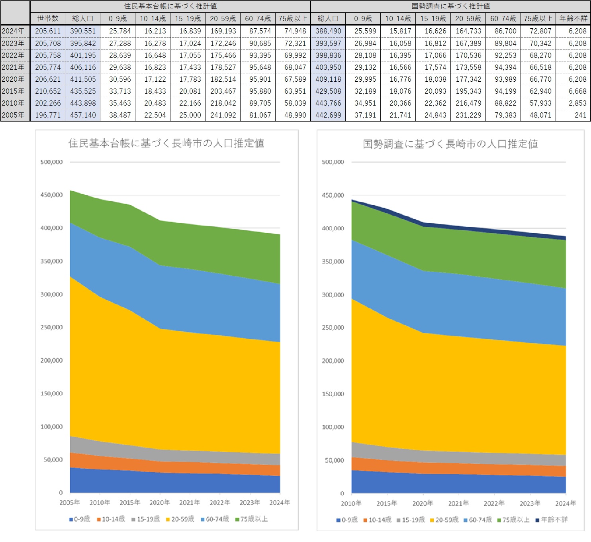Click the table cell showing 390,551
tap(83, 31)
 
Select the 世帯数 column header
tap(48, 19)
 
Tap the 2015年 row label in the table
tap(13, 91)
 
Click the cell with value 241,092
tap(223, 115)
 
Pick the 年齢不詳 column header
tap(573, 19)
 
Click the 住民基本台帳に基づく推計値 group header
tap(170, 6)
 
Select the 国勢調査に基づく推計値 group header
tap(450, 6)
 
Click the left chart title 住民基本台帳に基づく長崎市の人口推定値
tap(166, 143)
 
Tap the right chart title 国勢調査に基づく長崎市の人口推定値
tap(450, 144)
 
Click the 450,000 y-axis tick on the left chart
tap(51, 195)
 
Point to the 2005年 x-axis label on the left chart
tap(70, 503)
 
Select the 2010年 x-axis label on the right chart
tap(351, 503)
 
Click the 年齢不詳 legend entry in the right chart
tap(552, 520)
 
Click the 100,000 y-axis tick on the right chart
tap(333, 427)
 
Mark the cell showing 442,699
tap(328, 115)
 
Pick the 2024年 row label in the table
tap(13, 31)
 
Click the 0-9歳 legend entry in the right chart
tap(347, 520)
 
